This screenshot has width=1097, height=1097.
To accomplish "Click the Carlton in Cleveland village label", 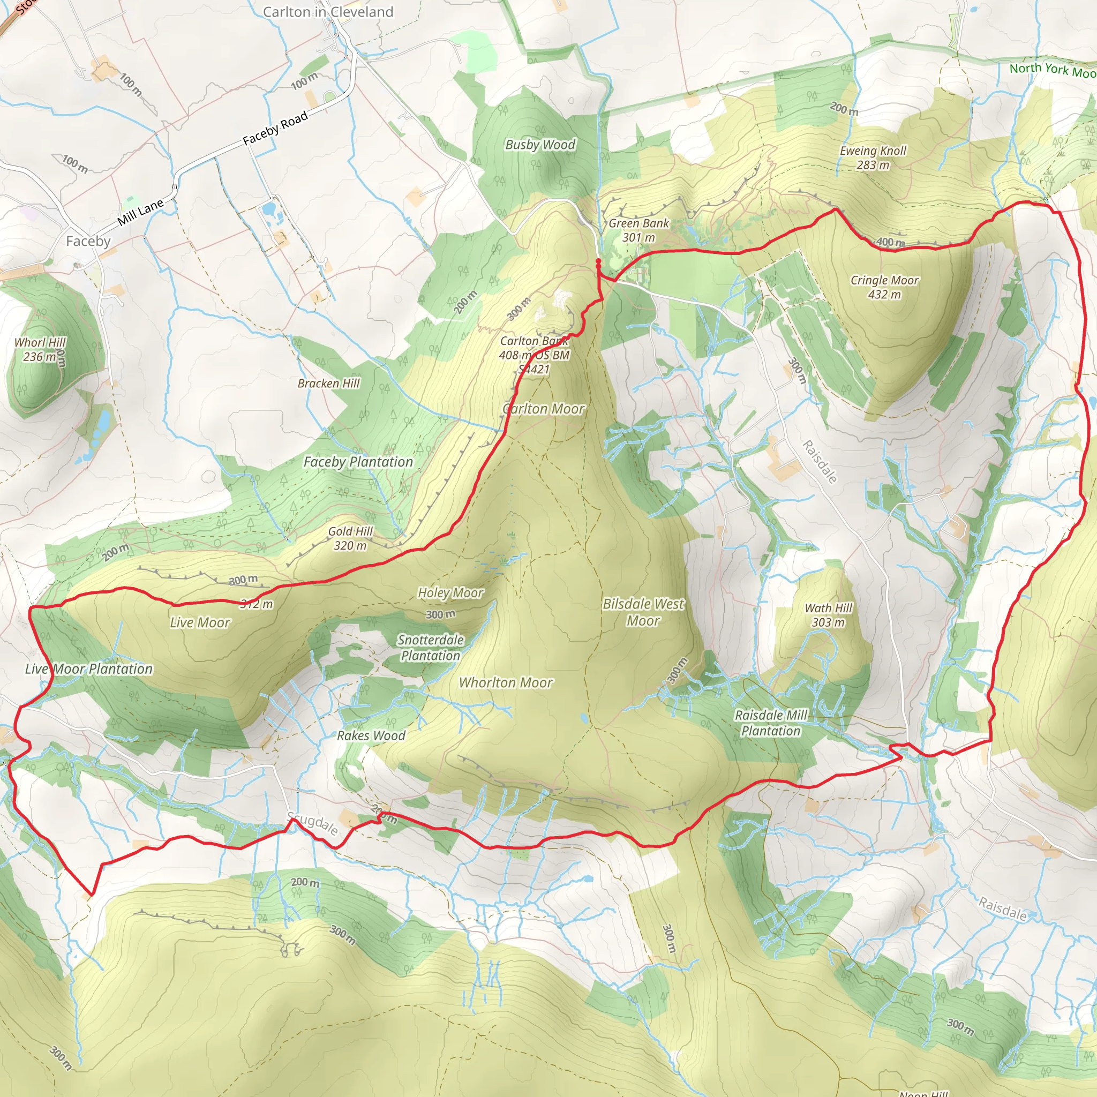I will coord(328,12).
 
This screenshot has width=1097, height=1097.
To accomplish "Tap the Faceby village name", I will coord(88,242).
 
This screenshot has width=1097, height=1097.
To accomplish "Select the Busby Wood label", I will coord(540,145).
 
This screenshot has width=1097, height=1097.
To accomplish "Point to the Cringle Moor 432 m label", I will coord(884,287).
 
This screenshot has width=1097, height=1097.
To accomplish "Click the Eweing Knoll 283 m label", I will coord(873,158).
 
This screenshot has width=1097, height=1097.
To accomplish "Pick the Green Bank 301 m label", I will coord(639,230).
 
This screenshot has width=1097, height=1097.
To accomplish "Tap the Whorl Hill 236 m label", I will coord(40,350).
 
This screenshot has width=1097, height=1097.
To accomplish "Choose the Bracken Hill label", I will coord(329,384).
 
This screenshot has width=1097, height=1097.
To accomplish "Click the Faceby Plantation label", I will coord(358,462).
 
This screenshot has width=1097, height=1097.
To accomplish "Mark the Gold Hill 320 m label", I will coord(350,538).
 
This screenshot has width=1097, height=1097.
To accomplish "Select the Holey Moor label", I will coord(450,593).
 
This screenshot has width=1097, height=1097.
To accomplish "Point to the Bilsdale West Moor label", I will coord(643,612).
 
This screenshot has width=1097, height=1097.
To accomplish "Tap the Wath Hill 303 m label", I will coord(829,615).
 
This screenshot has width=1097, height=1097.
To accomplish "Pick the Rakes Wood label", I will coord(371,736).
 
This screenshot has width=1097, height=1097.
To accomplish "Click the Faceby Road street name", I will coord(275,129).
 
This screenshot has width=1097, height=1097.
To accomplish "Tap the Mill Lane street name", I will coord(140,212).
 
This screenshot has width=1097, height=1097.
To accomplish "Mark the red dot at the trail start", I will coord(598,261).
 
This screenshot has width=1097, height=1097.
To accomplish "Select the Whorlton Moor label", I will coord(505,683).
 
